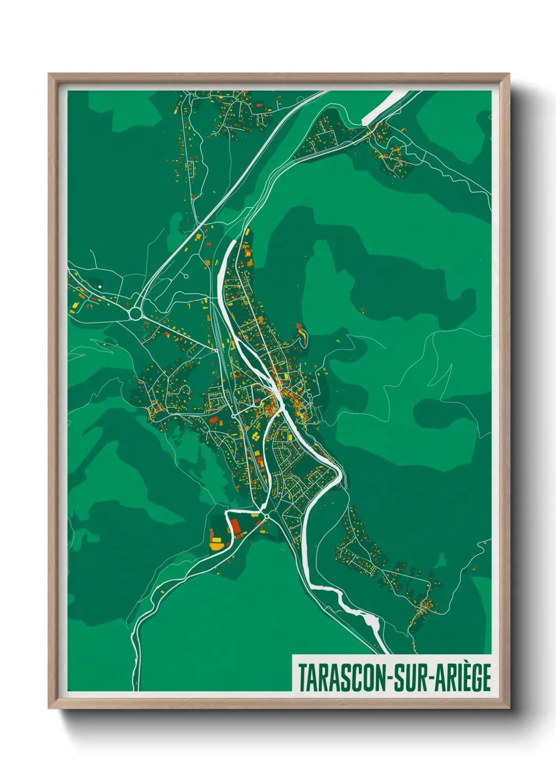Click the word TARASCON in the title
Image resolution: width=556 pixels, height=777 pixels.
342,677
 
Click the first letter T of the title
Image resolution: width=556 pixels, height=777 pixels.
303,677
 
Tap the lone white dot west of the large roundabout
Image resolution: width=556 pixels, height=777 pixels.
100,287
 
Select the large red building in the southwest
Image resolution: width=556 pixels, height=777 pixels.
234,525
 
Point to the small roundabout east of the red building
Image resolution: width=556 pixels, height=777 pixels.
267,517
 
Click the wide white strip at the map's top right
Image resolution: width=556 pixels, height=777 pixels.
385,107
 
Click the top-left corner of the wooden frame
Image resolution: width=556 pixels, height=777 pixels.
49,74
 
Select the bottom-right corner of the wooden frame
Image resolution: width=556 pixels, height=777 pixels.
508,707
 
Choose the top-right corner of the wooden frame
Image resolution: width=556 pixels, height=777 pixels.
508,74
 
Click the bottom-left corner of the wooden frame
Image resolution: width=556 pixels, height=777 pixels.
49,707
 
